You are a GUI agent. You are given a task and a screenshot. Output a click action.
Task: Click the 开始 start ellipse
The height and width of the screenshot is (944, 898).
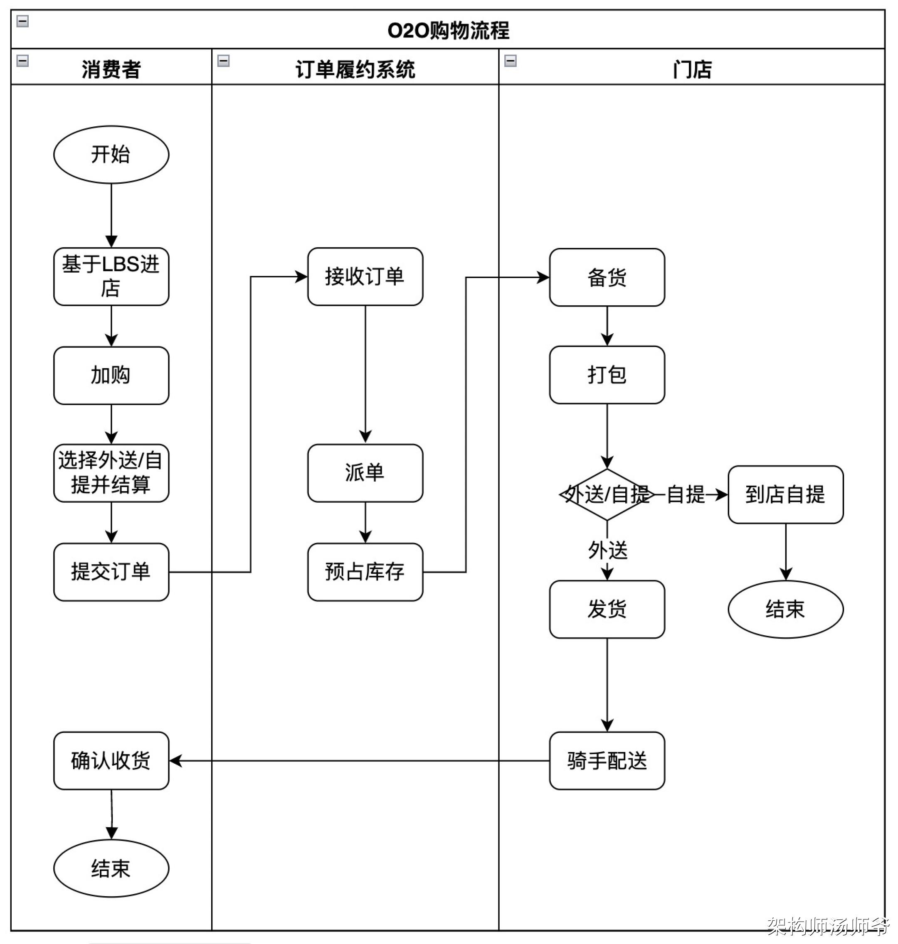(x=111, y=155)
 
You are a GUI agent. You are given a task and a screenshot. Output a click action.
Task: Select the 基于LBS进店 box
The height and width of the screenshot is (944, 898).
(x=111, y=277)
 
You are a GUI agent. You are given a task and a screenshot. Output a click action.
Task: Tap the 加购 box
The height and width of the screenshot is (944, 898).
(x=111, y=376)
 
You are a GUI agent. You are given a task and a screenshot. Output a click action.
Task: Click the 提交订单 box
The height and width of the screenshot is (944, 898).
(x=111, y=572)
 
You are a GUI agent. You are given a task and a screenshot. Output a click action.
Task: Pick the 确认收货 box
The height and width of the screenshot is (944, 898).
(x=111, y=761)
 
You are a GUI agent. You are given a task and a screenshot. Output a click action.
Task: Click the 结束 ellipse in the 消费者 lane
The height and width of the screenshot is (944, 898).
(x=111, y=868)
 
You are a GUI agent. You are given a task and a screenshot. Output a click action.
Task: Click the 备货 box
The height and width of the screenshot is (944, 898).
(x=607, y=278)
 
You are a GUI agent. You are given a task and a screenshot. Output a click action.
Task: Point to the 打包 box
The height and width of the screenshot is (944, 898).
(x=607, y=375)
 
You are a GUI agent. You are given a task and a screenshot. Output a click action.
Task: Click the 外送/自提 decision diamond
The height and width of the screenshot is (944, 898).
(x=607, y=494)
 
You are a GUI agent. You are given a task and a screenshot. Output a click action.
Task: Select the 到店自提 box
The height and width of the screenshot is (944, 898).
(x=785, y=494)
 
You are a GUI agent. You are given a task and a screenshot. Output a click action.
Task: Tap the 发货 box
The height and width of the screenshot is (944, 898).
(x=607, y=609)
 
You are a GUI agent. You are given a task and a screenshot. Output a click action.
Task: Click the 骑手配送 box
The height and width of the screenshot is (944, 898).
(x=607, y=761)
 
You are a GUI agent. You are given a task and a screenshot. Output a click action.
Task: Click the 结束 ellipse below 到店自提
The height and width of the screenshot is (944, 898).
(x=785, y=609)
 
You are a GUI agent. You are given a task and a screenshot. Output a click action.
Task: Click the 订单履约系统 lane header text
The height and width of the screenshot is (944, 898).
(x=355, y=69)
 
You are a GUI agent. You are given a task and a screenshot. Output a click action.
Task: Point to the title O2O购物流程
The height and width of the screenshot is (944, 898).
(x=448, y=31)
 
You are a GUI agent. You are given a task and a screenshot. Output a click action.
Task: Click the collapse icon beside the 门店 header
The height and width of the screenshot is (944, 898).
(x=510, y=61)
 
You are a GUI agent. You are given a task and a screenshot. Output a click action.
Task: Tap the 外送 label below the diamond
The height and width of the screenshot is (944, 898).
(x=607, y=550)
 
